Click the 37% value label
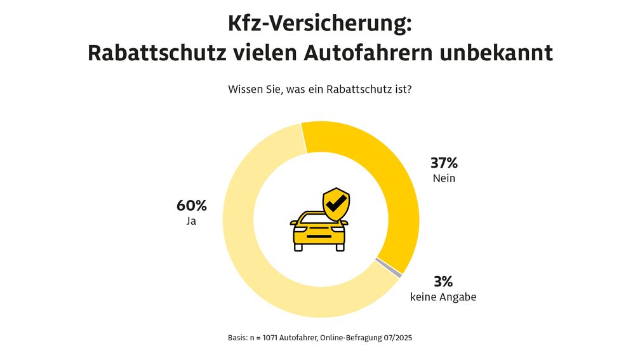(444, 163)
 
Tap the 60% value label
(191, 206)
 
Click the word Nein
(444, 178)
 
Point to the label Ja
(190, 222)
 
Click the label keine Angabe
(443, 297)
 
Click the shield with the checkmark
(336, 203)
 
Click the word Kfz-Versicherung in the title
(320, 24)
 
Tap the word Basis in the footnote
(238, 338)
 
